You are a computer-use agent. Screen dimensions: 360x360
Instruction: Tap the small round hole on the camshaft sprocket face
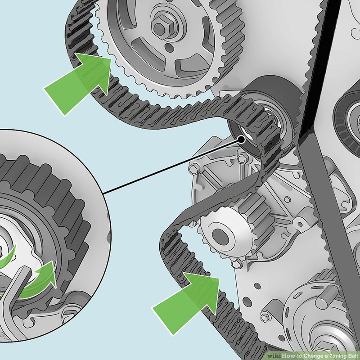[169, 48]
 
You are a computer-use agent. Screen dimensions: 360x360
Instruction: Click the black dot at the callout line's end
[241, 139]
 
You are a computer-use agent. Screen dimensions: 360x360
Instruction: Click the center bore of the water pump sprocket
[220, 237]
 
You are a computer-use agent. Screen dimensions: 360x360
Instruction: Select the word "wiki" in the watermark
[274, 355]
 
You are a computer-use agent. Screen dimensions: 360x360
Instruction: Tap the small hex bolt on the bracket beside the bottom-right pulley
[265, 317]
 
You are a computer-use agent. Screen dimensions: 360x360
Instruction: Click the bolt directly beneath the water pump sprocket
[237, 264]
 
